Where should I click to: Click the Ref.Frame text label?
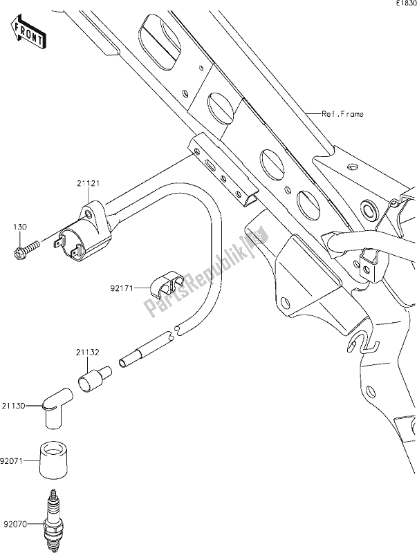pyautogui.click(x=343, y=113)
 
